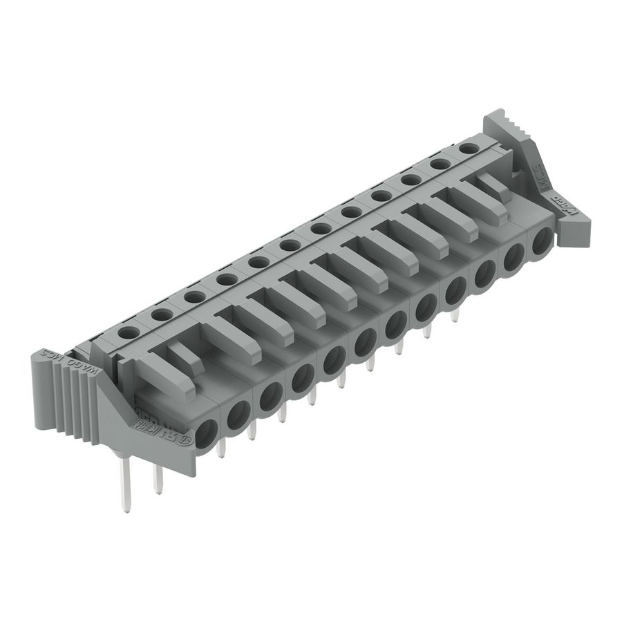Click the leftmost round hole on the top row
(x=127, y=332)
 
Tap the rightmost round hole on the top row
(x=469, y=148)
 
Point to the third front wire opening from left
(x=270, y=395)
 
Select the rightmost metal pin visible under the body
(x=455, y=315)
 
